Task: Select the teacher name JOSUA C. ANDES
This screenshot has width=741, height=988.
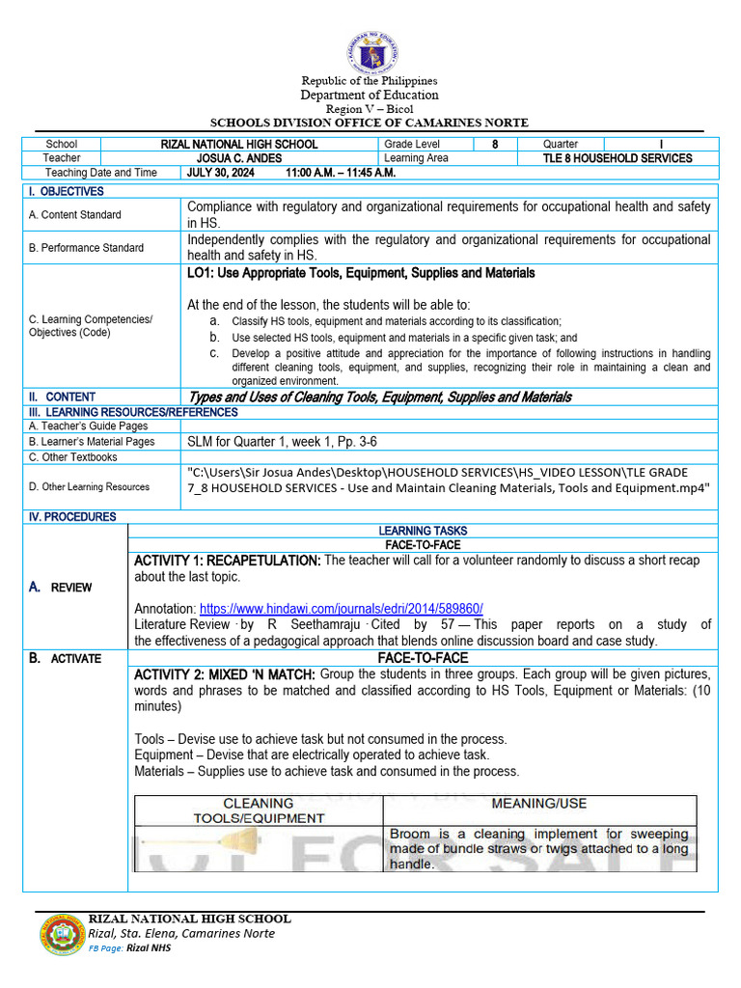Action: tap(238, 158)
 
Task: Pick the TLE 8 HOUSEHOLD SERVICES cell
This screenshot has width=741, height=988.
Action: tap(617, 158)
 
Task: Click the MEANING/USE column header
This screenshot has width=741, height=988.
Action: tap(539, 804)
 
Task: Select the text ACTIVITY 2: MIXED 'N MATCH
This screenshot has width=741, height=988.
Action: tap(225, 673)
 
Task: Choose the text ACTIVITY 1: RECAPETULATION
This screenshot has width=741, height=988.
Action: tap(228, 561)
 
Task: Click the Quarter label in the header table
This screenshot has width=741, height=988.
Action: tap(561, 144)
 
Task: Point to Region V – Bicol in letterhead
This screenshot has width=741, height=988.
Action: tap(370, 110)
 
